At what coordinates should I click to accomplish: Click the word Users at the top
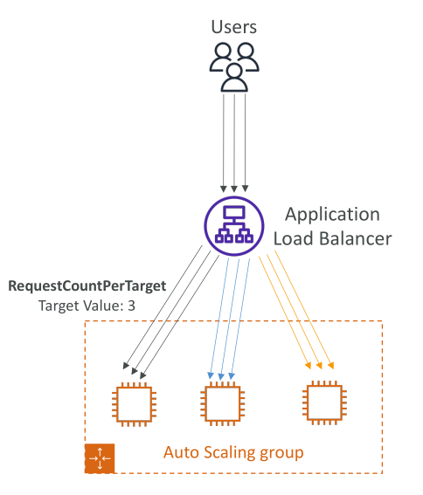coord(233,27)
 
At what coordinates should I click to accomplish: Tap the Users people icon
coord(234,67)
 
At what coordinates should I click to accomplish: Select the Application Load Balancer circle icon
coord(234,226)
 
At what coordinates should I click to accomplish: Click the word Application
coord(332,216)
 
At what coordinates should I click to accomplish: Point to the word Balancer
coord(356,238)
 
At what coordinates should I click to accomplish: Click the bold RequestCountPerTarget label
coord(87,286)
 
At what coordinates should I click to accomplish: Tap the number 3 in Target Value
coord(131,306)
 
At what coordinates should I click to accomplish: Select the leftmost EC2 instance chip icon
coord(134,404)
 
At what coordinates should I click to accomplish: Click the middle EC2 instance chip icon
coord(223,403)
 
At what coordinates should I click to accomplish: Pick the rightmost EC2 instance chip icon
coord(324,402)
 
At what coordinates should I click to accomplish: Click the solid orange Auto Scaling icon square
coord(100,458)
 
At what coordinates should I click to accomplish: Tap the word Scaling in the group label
coord(229,453)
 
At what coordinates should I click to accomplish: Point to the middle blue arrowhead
coord(221,376)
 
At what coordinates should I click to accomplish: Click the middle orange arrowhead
coord(320,366)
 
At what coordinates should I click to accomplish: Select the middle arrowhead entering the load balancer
coord(234,189)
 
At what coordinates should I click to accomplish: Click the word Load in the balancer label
coord(294,238)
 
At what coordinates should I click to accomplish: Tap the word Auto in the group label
coord(181,452)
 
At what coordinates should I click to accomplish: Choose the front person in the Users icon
coord(234,78)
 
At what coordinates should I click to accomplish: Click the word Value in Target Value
coord(102,306)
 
